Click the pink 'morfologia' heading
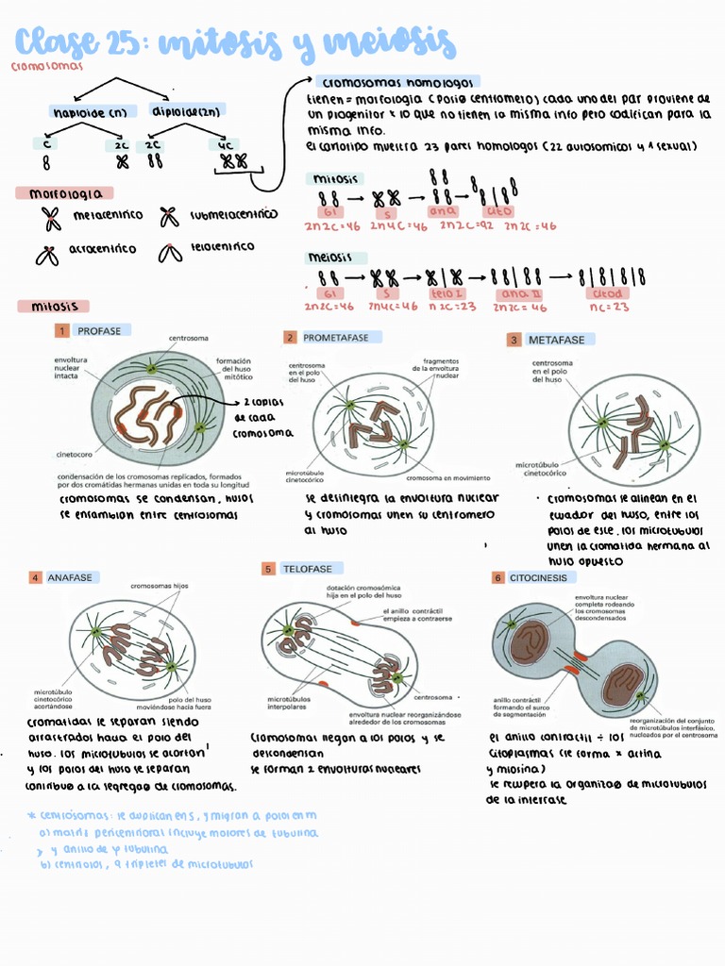pos(64,193)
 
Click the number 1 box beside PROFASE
pos(61,331)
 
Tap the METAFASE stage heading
pos(556,340)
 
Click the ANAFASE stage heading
pos(70,576)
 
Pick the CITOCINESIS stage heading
pos(539,577)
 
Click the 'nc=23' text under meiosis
pos(609,307)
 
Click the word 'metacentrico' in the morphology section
pos(108,215)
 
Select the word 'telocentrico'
pos(222,246)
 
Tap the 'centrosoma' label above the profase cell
pos(189,338)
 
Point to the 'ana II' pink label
pos(518,293)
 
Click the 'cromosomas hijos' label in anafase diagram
pos(160,586)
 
